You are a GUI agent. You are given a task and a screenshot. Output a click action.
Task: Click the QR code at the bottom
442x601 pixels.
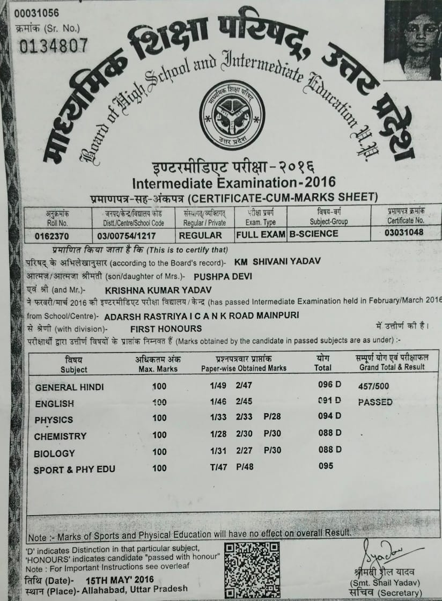tap(252, 569)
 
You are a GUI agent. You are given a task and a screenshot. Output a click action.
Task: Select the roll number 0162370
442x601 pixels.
tap(52, 235)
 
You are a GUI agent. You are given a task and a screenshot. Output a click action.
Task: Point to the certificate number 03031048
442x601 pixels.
tap(403, 232)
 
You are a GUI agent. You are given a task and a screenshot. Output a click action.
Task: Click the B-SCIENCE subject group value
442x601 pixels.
tap(313, 234)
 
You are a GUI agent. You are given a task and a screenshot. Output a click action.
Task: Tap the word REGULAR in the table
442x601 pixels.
tap(200, 235)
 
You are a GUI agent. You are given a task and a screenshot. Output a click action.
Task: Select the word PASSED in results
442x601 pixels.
tap(375, 402)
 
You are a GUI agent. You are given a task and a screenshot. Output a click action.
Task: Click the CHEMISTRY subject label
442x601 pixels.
tap(60, 436)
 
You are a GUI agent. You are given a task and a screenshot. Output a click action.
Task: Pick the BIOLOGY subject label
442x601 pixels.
tap(54, 453)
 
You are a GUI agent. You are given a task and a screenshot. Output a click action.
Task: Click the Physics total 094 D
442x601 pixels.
tap(329, 416)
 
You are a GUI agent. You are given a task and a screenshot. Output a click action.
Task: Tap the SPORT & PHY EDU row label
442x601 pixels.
tap(75, 470)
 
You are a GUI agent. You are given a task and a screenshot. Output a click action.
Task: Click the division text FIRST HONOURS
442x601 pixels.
tap(166, 328)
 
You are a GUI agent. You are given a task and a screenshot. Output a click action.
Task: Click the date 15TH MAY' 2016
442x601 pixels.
tap(120, 580)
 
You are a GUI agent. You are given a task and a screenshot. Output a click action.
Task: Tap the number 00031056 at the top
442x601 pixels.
tap(37, 13)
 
